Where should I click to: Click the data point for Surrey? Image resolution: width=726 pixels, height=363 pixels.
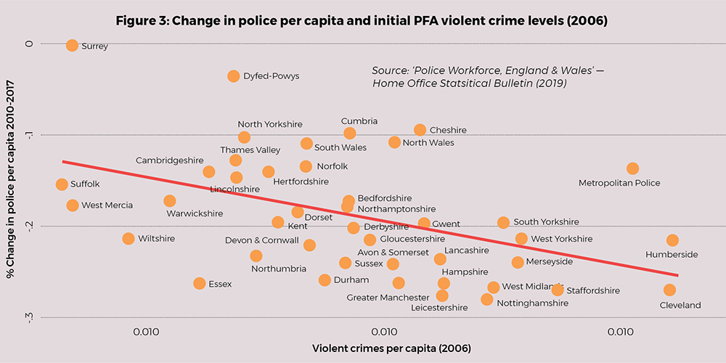tap(72, 45)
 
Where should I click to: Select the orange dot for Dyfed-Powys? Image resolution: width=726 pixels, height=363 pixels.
tap(234, 76)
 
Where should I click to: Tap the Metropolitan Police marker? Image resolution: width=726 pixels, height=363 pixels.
tap(632, 168)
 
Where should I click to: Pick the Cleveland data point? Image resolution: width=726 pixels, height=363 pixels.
tap(669, 290)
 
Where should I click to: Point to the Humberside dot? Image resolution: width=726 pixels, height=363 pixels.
tap(672, 240)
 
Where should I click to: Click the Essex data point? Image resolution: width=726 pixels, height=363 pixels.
tap(200, 283)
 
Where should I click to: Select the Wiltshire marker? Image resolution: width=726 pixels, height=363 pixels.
tap(129, 238)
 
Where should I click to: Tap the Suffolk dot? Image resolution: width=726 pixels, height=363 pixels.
tap(62, 184)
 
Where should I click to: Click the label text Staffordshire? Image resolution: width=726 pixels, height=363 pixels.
tap(593, 290)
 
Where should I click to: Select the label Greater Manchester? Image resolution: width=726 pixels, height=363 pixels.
tap(388, 298)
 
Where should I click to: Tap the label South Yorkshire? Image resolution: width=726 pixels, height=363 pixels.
tap(546, 222)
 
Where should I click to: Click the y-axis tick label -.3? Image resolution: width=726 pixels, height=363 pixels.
tap(30, 317)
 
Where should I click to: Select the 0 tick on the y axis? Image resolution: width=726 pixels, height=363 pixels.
tap(30, 44)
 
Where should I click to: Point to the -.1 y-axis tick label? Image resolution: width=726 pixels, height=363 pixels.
tap(30, 134)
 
